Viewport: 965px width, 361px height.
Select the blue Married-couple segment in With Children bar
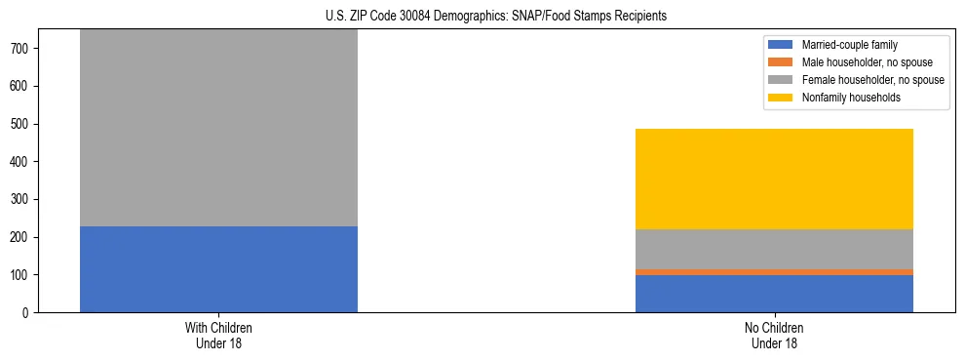[218, 269]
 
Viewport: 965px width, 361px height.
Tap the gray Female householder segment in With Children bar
[218, 128]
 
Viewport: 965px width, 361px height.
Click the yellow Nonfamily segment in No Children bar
[774, 179]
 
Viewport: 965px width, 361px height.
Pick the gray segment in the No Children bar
[774, 249]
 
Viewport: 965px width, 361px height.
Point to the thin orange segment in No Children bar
[774, 272]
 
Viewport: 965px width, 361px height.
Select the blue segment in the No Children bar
[774, 294]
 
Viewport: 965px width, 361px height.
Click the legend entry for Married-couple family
[849, 45]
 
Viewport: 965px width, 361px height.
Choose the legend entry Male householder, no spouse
[867, 62]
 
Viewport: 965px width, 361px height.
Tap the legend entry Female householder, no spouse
[872, 80]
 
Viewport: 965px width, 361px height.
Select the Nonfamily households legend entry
[851, 98]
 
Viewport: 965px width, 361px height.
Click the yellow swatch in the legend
[781, 98]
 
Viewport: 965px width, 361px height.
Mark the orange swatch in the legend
[781, 62]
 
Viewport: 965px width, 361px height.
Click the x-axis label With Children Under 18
[218, 336]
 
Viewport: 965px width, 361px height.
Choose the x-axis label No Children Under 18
[774, 336]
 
